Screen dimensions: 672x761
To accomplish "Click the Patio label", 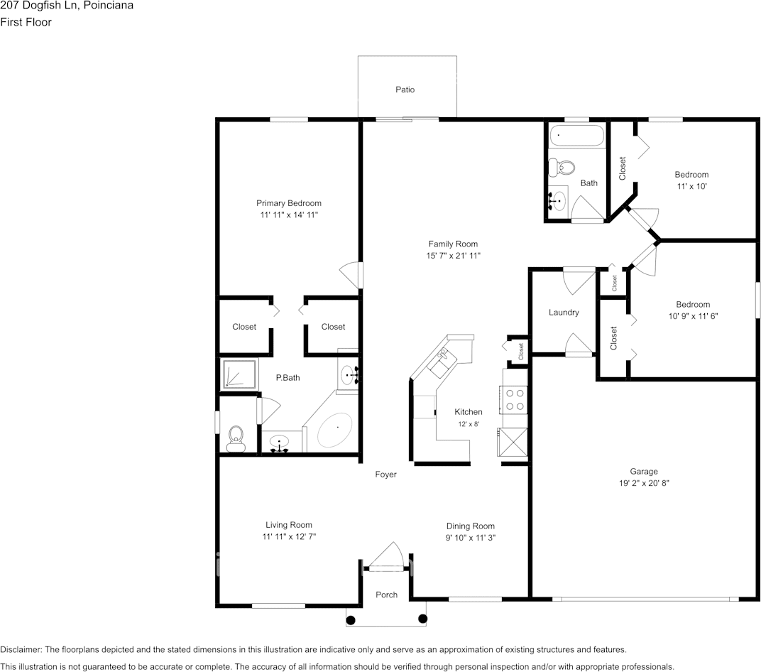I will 405,90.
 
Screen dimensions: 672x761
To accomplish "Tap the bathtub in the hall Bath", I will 576,134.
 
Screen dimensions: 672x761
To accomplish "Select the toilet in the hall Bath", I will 564,168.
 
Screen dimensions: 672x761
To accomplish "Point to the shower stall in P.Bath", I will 239,374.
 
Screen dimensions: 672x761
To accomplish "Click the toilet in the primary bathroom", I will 235,438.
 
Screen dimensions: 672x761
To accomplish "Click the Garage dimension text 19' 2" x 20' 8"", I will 643,483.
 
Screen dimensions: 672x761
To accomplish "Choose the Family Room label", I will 452,244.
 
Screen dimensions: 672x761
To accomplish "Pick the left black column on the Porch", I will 350,619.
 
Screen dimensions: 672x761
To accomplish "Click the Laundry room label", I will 564,313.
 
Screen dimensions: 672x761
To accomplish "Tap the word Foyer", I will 386,475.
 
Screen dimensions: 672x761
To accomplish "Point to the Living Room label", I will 288,525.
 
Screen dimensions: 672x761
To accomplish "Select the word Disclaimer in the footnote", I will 21,649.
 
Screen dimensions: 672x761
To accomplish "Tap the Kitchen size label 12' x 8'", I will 468,424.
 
